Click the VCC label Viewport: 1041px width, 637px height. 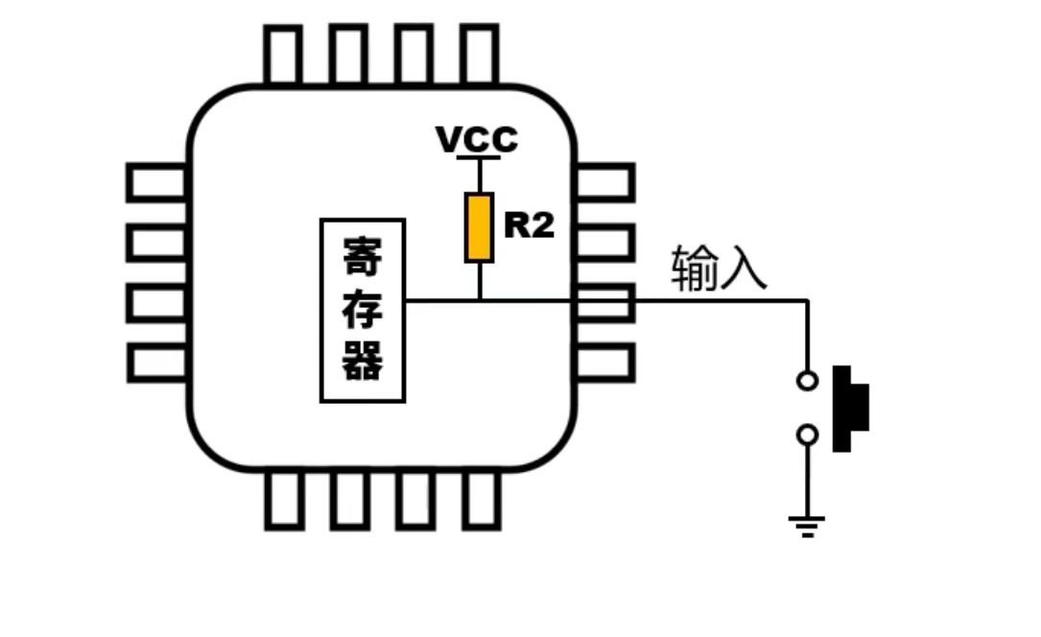click(477, 139)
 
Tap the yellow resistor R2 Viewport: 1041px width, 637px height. click(479, 227)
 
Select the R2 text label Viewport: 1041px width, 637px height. click(529, 224)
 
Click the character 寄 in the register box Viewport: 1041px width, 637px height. click(363, 256)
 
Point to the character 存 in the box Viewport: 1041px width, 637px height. click(363, 309)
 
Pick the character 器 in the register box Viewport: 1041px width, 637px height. click(363, 361)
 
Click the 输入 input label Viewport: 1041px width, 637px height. click(719, 268)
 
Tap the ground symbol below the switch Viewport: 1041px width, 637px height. click(807, 526)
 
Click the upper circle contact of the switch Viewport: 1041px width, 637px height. click(807, 381)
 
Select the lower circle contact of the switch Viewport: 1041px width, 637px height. click(807, 435)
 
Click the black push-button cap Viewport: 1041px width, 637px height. click(850, 408)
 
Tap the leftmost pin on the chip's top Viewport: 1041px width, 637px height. click(283, 55)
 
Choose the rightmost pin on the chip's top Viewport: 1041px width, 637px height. click(480, 55)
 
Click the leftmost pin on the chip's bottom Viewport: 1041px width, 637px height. click(284, 500)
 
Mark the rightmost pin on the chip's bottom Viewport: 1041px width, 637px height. click(482, 500)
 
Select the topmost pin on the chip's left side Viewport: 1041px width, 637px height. click(156, 182)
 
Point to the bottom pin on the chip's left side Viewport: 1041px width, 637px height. click(156, 363)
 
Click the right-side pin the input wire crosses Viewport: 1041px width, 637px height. click(605, 303)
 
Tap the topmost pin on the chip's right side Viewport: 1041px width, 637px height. click(605, 182)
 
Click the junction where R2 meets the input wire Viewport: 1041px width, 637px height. click(480, 300)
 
